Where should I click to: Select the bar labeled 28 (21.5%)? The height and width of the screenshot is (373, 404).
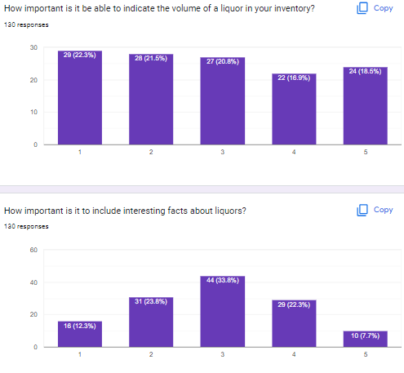point(150,100)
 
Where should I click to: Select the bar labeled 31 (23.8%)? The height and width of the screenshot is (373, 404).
point(150,322)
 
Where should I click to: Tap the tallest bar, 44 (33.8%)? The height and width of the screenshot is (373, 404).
point(222,312)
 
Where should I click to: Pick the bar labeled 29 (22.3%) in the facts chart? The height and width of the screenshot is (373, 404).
point(294,323)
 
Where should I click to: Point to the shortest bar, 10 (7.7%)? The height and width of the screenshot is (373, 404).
point(365,339)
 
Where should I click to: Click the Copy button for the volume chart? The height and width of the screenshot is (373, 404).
point(375,8)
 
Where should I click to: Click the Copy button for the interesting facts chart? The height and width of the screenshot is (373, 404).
point(375,210)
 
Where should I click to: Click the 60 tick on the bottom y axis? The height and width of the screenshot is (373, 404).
point(33,251)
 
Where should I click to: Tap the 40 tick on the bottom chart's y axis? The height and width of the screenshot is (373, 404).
point(33,282)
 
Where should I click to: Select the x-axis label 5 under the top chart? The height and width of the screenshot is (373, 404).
point(365,153)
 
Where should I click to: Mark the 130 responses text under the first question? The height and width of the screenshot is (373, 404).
point(26,24)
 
